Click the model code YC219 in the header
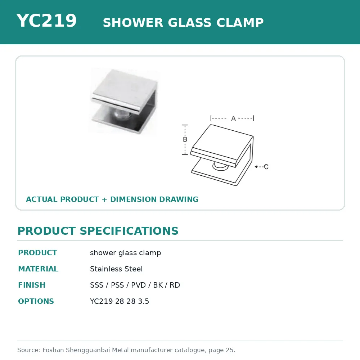pyautogui.click(x=46, y=21)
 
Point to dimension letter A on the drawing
pyautogui.click(x=233, y=119)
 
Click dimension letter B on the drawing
pyautogui.click(x=185, y=139)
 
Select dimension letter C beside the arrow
pyautogui.click(x=266, y=167)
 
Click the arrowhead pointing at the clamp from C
pyautogui.click(x=256, y=167)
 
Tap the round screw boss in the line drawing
pyautogui.click(x=220, y=166)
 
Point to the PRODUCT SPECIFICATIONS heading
pyautogui.click(x=98, y=231)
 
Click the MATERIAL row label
pyautogui.click(x=38, y=269)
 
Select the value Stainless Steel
pyautogui.click(x=116, y=269)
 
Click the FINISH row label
pyautogui.click(x=32, y=285)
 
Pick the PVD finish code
pyautogui.click(x=138, y=285)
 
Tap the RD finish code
pyautogui.click(x=175, y=285)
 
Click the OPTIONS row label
pyautogui.click(x=36, y=301)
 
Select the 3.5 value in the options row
pyautogui.click(x=144, y=301)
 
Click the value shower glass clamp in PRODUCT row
pyautogui.click(x=125, y=253)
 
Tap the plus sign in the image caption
pyautogui.click(x=104, y=199)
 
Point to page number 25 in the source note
pyautogui.click(x=230, y=350)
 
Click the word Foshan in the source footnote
pyautogui.click(x=53, y=350)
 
